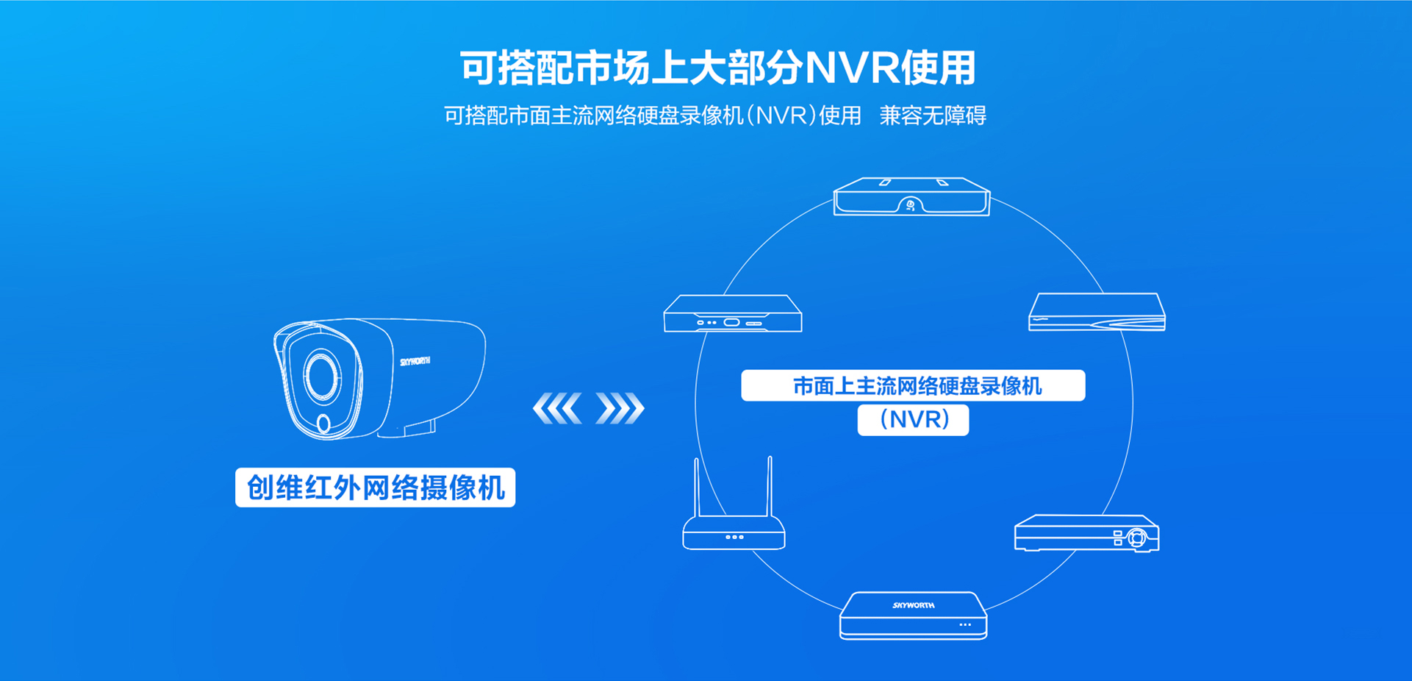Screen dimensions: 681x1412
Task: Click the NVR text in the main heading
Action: pyautogui.click(x=852, y=68)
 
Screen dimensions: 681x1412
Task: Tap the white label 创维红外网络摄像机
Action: pyautogui.click(x=375, y=488)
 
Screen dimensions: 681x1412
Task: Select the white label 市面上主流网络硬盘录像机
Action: pyautogui.click(x=913, y=385)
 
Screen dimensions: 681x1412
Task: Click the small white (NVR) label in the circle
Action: pyautogui.click(x=913, y=420)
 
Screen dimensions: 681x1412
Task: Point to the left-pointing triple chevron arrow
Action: pyautogui.click(x=557, y=408)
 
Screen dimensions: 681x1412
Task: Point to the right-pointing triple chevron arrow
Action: pyautogui.click(x=620, y=408)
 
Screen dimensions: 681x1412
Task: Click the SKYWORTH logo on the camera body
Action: pyautogui.click(x=415, y=361)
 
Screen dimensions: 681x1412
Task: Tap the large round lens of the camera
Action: pyautogui.click(x=321, y=376)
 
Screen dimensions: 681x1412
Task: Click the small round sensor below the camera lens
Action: pyautogui.click(x=323, y=424)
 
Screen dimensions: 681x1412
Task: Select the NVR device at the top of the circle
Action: pyautogui.click(x=911, y=196)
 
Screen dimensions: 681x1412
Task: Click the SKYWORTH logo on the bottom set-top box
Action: pyautogui.click(x=914, y=605)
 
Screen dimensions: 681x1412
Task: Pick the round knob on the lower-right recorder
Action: pyautogui.click(x=1137, y=538)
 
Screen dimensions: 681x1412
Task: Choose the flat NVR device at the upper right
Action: pyautogui.click(x=1097, y=313)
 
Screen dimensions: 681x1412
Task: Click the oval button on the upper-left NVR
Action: pyautogui.click(x=731, y=322)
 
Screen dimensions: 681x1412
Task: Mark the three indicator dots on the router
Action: pyautogui.click(x=734, y=537)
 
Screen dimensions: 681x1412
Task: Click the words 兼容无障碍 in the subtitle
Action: pyautogui.click(x=933, y=115)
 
